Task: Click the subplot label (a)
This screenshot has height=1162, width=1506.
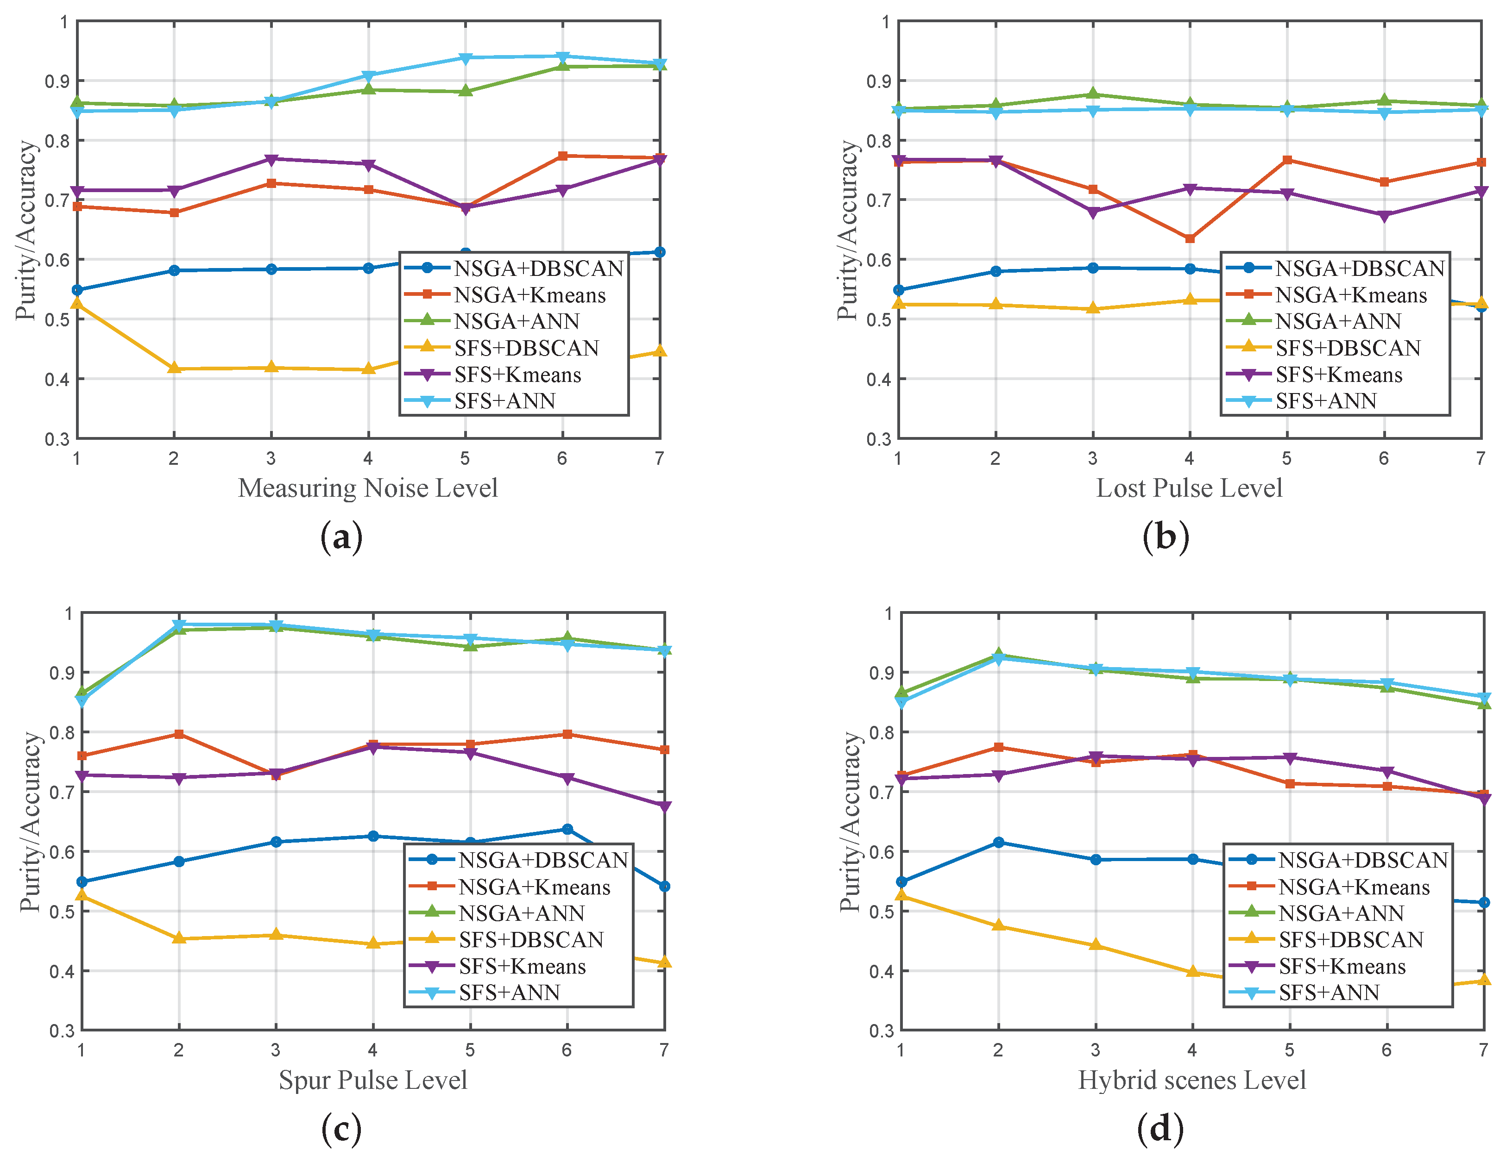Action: [341, 537]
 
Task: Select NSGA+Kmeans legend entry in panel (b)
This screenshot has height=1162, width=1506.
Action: [1350, 295]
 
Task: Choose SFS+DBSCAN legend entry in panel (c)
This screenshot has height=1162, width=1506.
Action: [531, 939]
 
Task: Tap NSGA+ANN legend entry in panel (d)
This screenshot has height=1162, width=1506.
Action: [1341, 913]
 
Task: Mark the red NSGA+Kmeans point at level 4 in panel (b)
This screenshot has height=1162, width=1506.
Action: [1190, 238]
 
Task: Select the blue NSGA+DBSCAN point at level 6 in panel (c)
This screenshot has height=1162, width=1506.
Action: [567, 829]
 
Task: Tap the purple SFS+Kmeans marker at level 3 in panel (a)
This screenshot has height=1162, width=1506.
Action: [271, 159]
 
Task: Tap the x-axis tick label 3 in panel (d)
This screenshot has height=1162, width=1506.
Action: [1095, 1050]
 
